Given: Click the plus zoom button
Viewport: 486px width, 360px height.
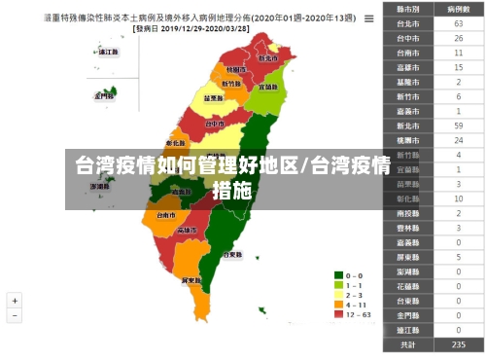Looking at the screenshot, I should (x=15, y=302).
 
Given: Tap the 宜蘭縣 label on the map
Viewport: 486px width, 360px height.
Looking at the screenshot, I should (x=269, y=87).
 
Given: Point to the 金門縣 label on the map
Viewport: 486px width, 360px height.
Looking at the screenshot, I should (x=104, y=96).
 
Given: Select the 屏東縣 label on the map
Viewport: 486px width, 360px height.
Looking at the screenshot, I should (x=191, y=279).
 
